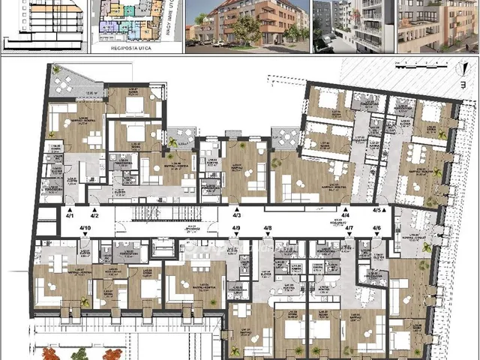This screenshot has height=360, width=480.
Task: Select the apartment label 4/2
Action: click(94, 216)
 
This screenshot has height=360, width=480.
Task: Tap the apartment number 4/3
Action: click(236, 216)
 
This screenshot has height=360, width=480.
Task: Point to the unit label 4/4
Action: click(346, 216)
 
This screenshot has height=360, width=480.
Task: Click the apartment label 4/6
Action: click(376, 228)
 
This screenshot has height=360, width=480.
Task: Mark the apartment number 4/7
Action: click(348, 228)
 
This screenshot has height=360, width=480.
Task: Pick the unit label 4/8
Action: click(267, 228)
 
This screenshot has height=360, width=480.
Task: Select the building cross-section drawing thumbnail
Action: click(44, 26)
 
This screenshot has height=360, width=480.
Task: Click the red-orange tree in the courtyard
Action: click(50, 352)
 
